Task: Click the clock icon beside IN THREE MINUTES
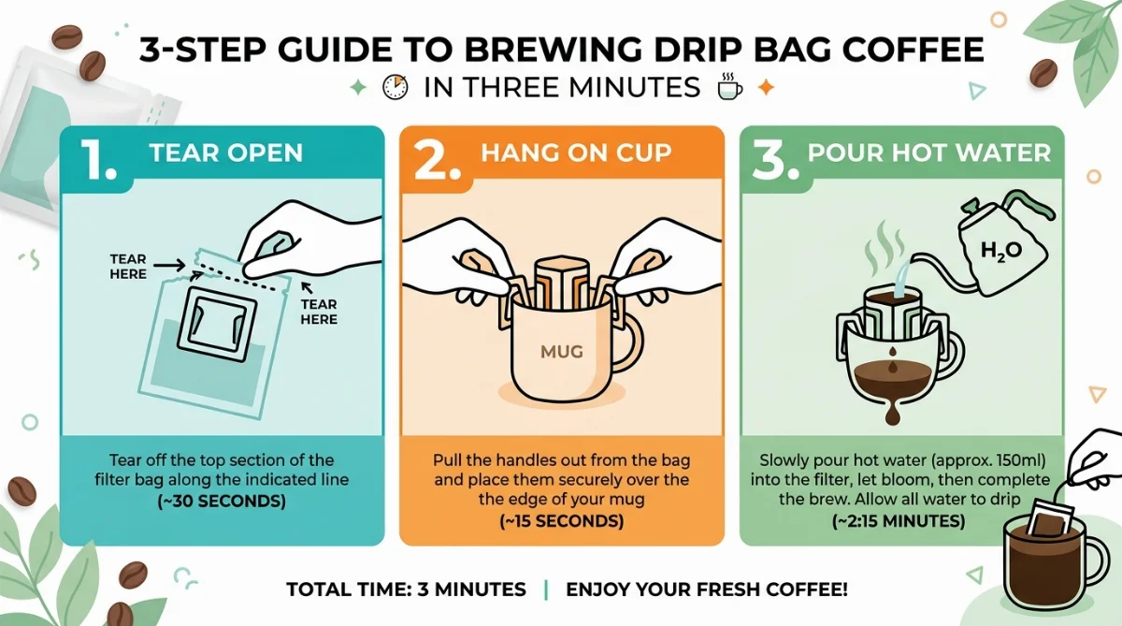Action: click(396, 87)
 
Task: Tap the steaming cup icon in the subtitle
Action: click(730, 86)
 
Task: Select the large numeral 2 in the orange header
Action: click(437, 159)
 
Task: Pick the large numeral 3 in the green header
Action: click(775, 159)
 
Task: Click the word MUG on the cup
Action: click(562, 352)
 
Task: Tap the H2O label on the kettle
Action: click(1000, 250)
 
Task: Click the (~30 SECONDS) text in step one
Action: click(222, 502)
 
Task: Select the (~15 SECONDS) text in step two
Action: click(562, 521)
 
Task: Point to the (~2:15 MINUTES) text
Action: click(899, 521)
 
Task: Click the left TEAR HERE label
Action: click(128, 267)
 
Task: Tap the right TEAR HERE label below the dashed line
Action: click(319, 312)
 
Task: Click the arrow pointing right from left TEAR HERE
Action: click(169, 265)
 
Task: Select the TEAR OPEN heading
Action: click(226, 153)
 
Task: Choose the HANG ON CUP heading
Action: click(576, 153)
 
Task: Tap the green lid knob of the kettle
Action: click(971, 206)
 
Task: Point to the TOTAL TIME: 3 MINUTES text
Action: click(406, 590)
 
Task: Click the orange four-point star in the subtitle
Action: click(766, 87)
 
